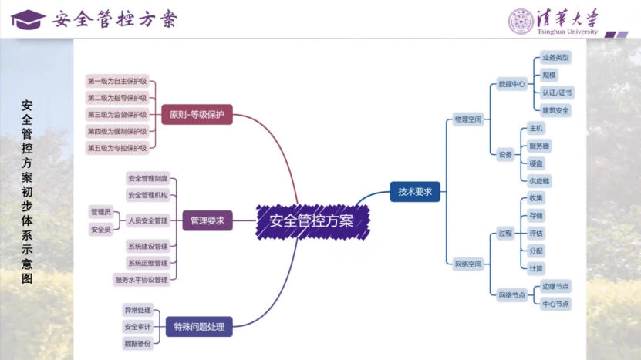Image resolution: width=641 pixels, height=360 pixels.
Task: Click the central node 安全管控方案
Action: pos(312,221)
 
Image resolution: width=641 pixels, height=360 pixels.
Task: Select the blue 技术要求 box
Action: pos(415,192)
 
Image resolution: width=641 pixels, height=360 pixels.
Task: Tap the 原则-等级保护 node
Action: pos(197,115)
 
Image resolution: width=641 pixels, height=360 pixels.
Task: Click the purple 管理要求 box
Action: pos(207,221)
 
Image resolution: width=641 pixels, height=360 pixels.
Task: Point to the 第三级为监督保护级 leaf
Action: pos(116,114)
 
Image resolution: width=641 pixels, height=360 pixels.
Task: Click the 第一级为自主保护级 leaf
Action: pos(116,81)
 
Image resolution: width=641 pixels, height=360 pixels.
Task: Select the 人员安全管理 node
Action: pos(147,221)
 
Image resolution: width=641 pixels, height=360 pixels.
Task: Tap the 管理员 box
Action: pos(101,212)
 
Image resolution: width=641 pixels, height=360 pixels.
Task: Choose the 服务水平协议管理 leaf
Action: pos(141,280)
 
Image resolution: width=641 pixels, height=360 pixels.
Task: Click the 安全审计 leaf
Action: pos(137,327)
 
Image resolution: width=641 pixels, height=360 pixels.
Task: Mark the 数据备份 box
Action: pos(137,344)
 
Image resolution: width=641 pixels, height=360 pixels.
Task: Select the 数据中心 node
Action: pos(511,83)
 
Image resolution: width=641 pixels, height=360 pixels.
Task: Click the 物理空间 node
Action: pos(467,119)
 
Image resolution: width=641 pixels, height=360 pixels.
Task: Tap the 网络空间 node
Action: pos(467,264)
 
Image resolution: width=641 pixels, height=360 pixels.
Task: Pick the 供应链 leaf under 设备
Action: pos(540,180)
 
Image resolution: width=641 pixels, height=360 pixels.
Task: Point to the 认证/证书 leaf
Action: pos(556,93)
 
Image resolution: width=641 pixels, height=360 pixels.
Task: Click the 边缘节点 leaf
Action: pos(555,286)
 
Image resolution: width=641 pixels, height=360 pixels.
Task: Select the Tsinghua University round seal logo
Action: pos(521,20)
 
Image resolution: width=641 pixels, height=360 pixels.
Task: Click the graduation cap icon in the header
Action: pos(28,19)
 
